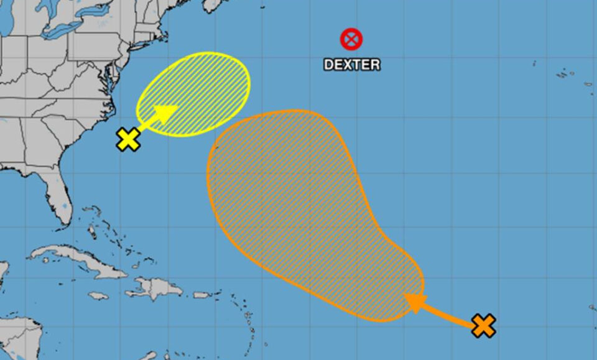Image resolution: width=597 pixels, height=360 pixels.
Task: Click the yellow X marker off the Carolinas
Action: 127,139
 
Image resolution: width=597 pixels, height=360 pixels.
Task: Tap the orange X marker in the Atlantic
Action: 483,325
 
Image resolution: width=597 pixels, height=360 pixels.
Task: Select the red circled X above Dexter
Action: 351,40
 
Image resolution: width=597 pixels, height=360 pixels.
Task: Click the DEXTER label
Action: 351,64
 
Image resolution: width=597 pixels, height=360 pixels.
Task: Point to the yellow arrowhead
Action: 165,113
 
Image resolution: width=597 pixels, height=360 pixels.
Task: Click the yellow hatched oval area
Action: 199,90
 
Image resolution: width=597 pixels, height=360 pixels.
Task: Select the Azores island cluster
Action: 569,75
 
